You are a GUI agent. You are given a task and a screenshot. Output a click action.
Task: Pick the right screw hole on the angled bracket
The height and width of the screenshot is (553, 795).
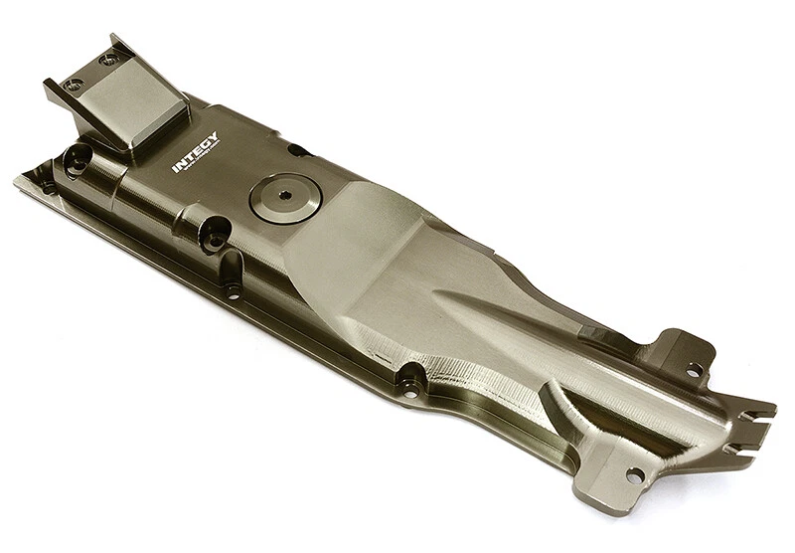click(x=106, y=61)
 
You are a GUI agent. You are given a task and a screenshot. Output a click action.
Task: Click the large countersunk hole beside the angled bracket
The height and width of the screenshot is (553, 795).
click(x=78, y=156)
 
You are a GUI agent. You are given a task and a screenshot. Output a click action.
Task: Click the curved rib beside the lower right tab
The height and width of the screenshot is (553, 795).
click(x=556, y=418)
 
